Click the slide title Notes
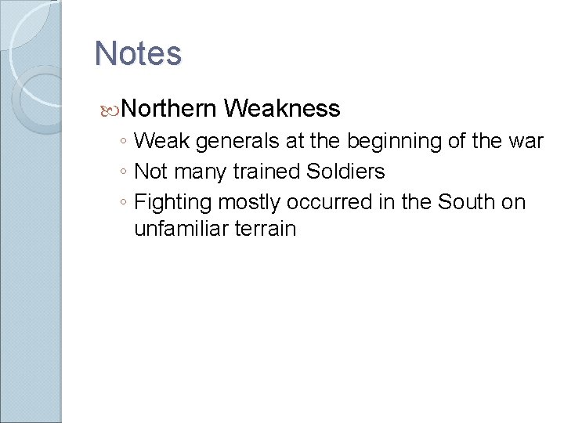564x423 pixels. click(x=138, y=54)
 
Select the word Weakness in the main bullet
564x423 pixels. click(x=281, y=108)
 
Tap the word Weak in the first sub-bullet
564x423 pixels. click(x=161, y=142)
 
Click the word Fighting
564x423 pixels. click(x=173, y=202)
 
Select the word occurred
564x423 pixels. click(x=322, y=202)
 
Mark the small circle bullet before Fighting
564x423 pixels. click(x=125, y=203)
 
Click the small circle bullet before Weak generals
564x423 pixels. click(x=125, y=143)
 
